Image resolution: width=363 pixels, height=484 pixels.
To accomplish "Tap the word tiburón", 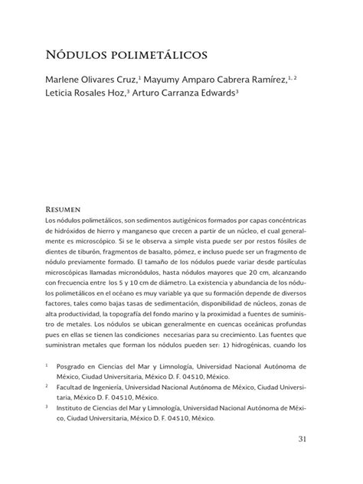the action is [83, 256].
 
